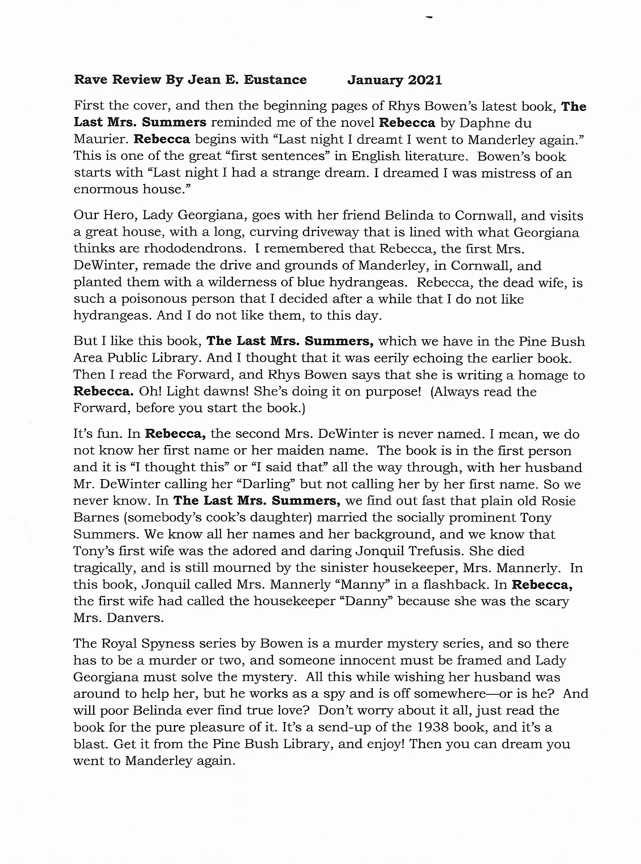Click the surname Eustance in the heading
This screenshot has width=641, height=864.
coord(275,80)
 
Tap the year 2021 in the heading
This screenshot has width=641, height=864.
coord(425,81)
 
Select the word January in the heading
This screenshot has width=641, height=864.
coord(375,81)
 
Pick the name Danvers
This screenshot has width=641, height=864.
coord(134,618)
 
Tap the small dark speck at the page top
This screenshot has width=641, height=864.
coord(429,17)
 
